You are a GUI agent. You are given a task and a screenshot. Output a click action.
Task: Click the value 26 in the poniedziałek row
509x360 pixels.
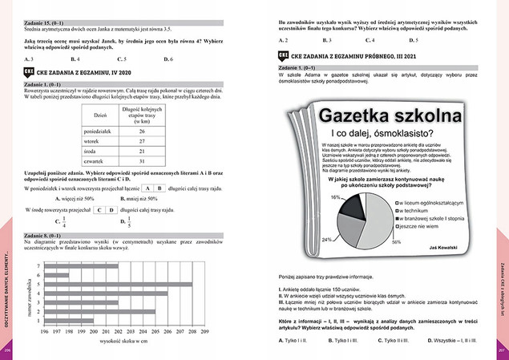point(141,131)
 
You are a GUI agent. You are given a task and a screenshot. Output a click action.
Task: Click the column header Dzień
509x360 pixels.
point(101,115)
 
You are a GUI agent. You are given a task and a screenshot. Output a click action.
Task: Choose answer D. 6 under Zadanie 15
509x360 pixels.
point(168,59)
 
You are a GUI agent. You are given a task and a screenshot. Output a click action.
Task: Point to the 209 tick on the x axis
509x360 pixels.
point(206,330)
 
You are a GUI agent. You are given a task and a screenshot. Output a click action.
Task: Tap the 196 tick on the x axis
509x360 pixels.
point(44,330)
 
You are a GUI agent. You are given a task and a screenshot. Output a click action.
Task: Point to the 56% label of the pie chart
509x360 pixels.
point(395,241)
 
